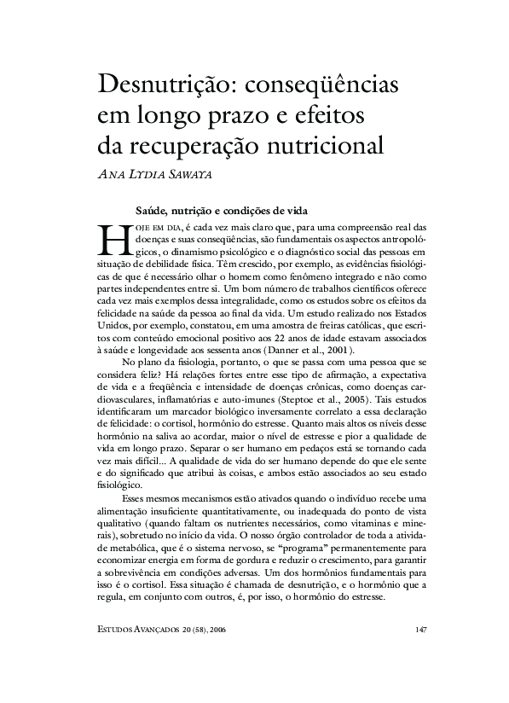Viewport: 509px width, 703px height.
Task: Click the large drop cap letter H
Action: pyautogui.click(x=108, y=241)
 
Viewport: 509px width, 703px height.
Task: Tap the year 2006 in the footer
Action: pyautogui.click(x=224, y=630)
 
